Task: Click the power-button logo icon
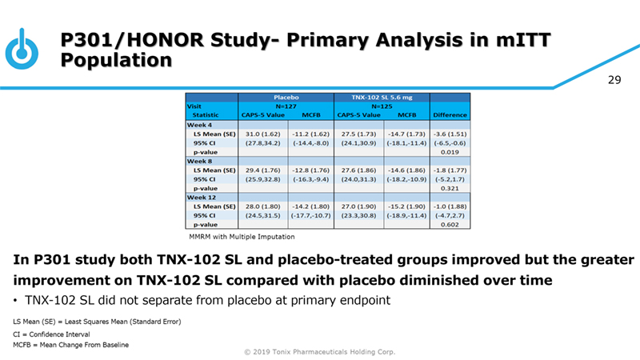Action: point(22,49)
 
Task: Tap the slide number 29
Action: point(614,80)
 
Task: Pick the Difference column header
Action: point(450,114)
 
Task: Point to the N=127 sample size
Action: point(286,105)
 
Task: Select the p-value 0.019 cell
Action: point(450,151)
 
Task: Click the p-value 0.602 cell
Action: point(450,225)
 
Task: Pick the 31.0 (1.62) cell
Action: point(261,133)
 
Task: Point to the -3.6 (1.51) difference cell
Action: point(450,133)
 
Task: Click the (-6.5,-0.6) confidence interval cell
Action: point(450,142)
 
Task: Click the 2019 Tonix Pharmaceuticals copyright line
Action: point(320,352)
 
